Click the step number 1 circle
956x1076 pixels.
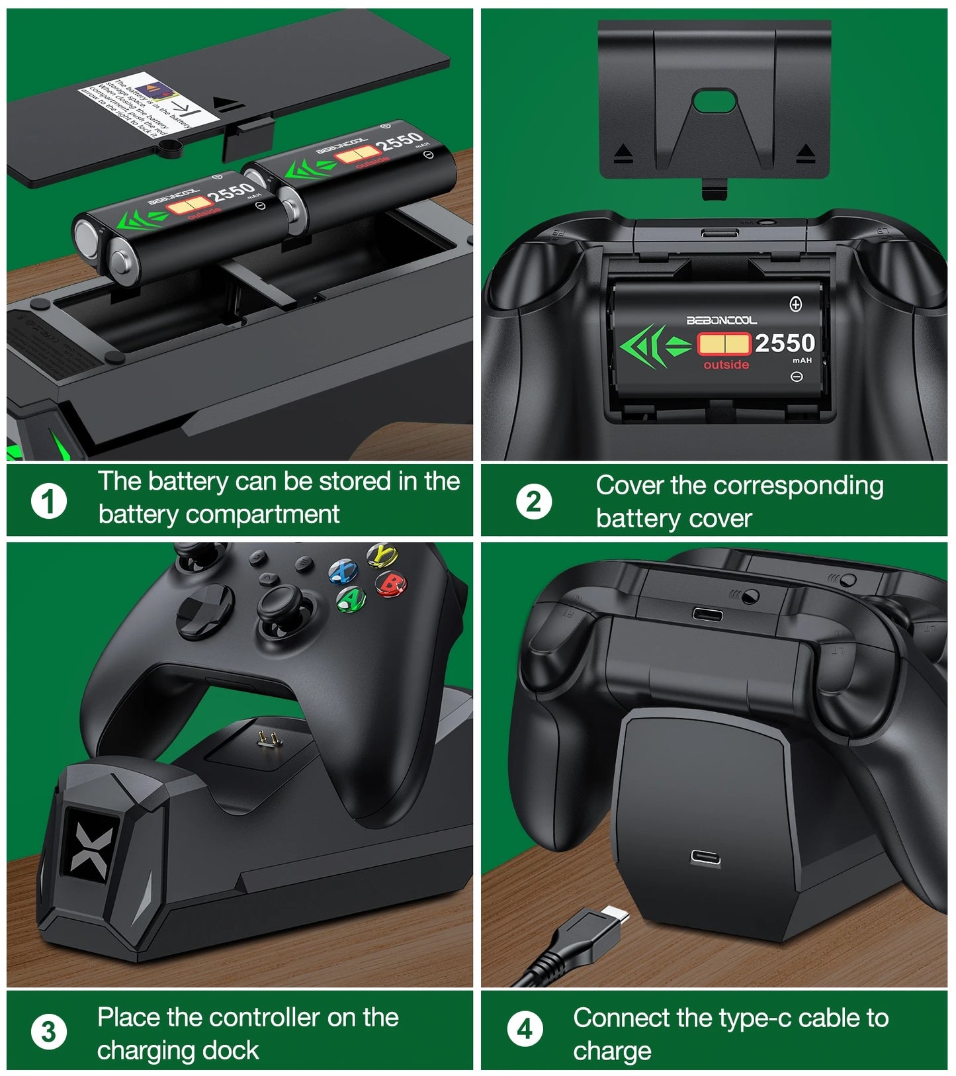pos(49,500)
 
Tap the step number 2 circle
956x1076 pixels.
pos(533,502)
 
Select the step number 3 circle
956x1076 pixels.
pos(48,1032)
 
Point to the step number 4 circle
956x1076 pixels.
pos(525,1029)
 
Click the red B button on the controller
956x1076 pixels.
pos(391,583)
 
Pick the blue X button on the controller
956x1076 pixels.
pos(343,571)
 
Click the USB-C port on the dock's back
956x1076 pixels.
pos(705,858)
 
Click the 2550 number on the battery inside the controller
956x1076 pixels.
pos(785,343)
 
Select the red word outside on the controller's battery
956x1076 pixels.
pos(726,365)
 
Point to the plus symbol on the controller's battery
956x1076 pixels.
pos(796,304)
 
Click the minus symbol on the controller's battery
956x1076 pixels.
pos(797,377)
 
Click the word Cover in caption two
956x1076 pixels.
pos(629,486)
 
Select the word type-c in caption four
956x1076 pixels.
pos(755,1018)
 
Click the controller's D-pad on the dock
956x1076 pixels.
pos(204,607)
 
